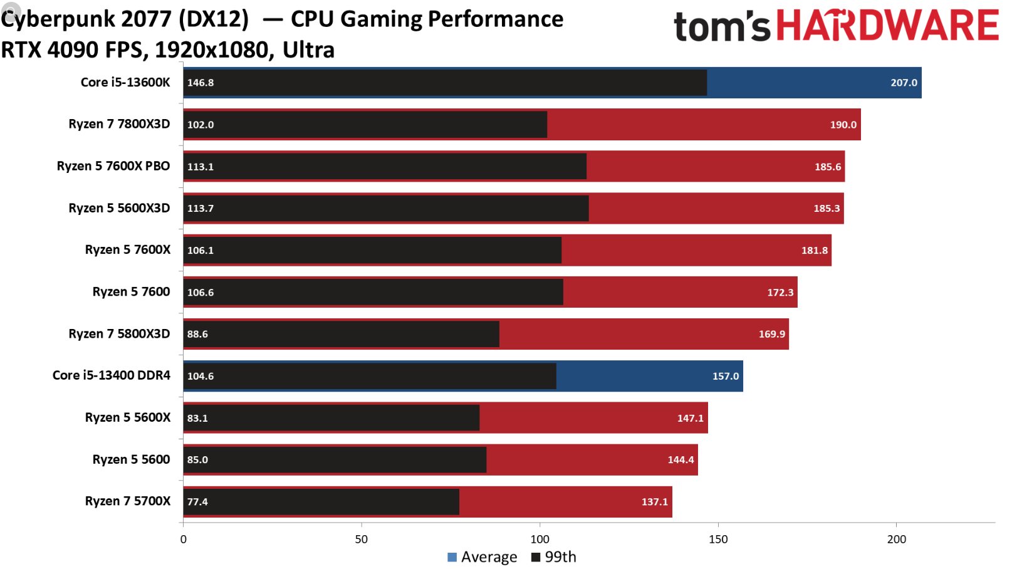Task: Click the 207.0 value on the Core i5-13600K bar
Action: point(904,83)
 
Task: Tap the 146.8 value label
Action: point(201,83)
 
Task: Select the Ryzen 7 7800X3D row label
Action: point(119,124)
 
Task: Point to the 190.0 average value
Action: point(843,125)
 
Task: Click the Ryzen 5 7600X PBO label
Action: point(113,166)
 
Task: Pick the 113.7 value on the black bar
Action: point(201,209)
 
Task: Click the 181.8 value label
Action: point(815,251)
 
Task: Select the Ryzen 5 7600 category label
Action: point(131,292)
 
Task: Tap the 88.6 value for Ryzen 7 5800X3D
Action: point(197,335)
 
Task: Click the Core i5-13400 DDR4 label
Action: point(112,375)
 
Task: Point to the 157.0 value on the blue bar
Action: point(726,377)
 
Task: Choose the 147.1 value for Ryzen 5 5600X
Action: point(691,419)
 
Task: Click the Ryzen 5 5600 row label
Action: point(131,459)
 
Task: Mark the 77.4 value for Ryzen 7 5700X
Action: point(197,502)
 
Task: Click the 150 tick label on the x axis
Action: point(718,540)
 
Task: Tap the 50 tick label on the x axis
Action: point(362,540)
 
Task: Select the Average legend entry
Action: point(483,557)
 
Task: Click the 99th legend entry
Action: point(554,557)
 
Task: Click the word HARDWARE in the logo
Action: point(887,26)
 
